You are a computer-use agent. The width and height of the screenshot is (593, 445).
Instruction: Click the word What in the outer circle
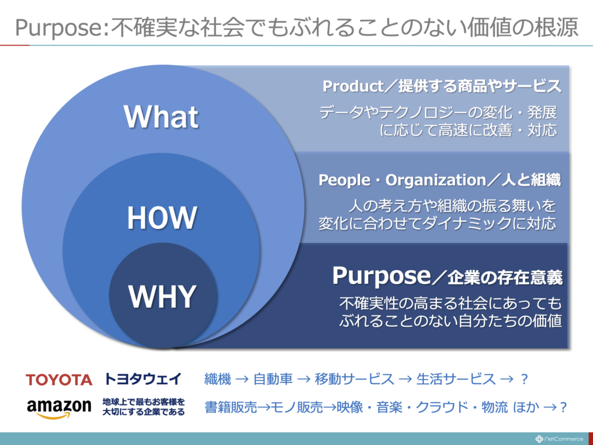[161, 116]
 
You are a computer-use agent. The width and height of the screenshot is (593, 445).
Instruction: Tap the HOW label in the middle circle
[162, 218]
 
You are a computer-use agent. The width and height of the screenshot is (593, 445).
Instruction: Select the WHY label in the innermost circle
[162, 296]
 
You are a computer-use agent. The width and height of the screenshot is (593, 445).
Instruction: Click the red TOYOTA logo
[59, 380]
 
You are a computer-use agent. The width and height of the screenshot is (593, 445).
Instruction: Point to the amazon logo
[59, 408]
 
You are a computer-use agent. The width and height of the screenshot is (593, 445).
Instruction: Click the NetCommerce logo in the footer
[559, 439]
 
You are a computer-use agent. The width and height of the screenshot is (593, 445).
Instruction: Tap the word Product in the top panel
[353, 86]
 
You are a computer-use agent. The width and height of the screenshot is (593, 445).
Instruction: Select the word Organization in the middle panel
[435, 180]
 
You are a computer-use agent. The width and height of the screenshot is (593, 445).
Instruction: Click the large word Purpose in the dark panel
[382, 276]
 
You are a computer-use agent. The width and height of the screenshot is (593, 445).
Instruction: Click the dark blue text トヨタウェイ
[143, 379]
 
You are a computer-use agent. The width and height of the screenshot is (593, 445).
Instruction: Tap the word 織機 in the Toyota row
[218, 379]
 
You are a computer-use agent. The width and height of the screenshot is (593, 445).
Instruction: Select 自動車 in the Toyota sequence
[273, 379]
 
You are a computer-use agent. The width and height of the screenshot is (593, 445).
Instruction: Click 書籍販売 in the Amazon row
[230, 407]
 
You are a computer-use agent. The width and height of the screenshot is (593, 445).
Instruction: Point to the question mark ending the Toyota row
[524, 379]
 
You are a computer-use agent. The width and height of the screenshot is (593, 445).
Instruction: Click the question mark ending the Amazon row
[563, 407]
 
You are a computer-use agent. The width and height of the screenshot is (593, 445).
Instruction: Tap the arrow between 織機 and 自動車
[242, 379]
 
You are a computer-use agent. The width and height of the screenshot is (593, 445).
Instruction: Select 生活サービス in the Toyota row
[456, 379]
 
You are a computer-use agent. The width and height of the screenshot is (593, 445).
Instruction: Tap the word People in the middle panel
[344, 180]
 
